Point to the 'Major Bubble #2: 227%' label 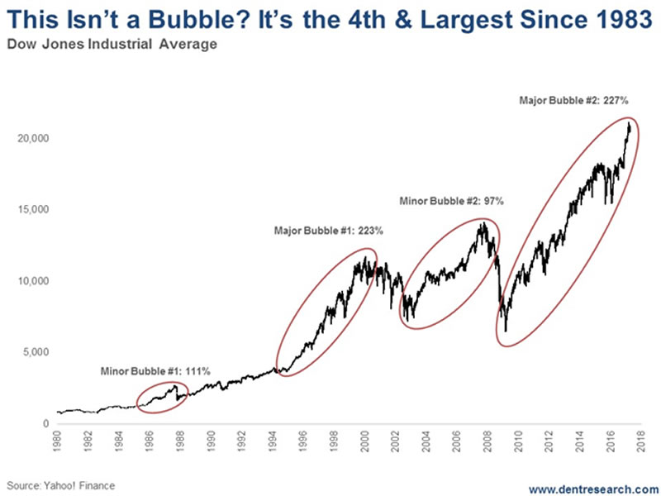(574, 99)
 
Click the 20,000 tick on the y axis (34, 138)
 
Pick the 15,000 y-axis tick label (34, 210)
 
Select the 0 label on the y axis (46, 424)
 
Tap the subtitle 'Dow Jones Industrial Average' (114, 45)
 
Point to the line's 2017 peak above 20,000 (629, 123)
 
